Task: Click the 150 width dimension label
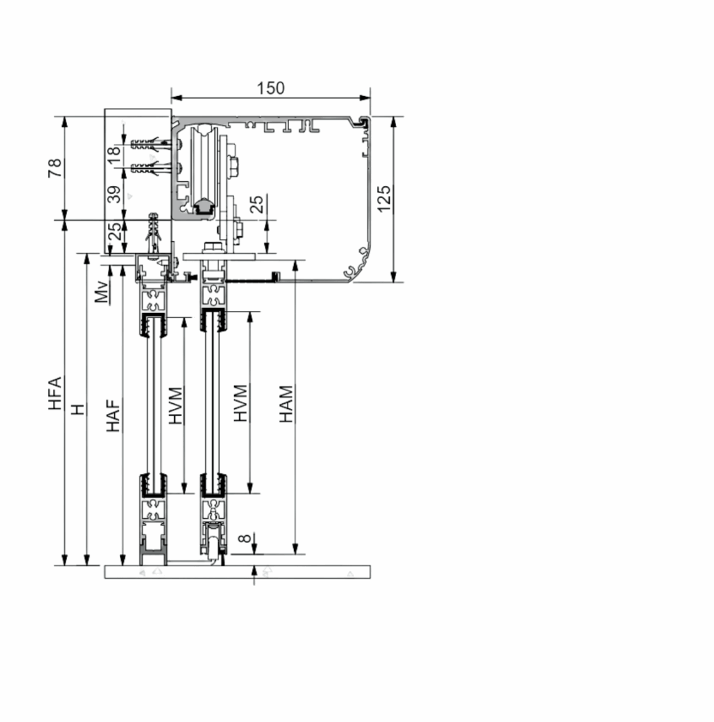coord(271,88)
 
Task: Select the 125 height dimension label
coord(384,198)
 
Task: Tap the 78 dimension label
coord(55,168)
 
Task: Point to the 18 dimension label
coord(113,154)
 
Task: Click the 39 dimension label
coord(113,195)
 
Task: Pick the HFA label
coord(55,393)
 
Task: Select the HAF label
coord(113,415)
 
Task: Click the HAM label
coord(286,404)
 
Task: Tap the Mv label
coord(102,291)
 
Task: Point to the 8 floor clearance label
coord(245,538)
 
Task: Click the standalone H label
coord(78,409)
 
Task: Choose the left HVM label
coord(176,405)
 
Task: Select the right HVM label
coord(240,403)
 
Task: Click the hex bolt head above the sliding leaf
coord(213,247)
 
